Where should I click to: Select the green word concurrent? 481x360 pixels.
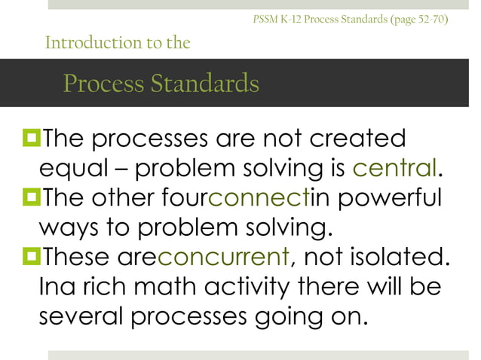[x=223, y=258]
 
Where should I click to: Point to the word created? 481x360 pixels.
[x=354, y=138]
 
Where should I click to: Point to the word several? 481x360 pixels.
[x=81, y=317]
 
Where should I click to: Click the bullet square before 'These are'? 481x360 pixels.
[x=31, y=258]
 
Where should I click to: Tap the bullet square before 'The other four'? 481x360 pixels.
[x=31, y=197]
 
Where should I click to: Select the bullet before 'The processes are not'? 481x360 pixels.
[x=31, y=138]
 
